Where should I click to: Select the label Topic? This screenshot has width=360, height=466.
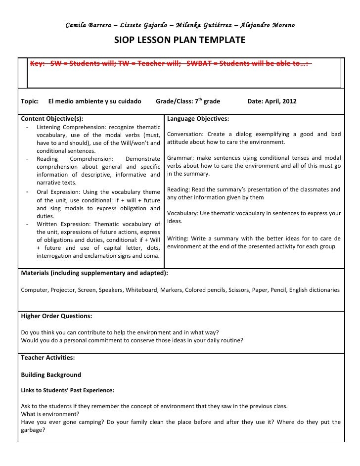[x=30, y=101]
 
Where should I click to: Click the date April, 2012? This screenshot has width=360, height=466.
[x=279, y=101]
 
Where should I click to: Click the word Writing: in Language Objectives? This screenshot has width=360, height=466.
[x=179, y=238]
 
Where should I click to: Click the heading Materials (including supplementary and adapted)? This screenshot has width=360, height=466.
[x=94, y=273]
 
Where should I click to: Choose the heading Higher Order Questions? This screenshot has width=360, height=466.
[x=56, y=316]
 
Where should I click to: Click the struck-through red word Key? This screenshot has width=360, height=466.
[x=39, y=64]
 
